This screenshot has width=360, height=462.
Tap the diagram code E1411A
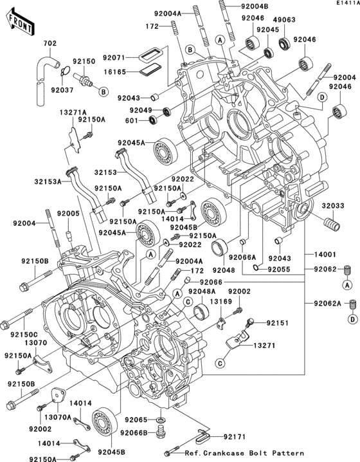click(x=346, y=4)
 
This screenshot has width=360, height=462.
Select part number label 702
click(x=50, y=44)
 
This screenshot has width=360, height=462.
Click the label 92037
click(x=62, y=91)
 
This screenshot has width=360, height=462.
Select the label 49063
click(x=285, y=19)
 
